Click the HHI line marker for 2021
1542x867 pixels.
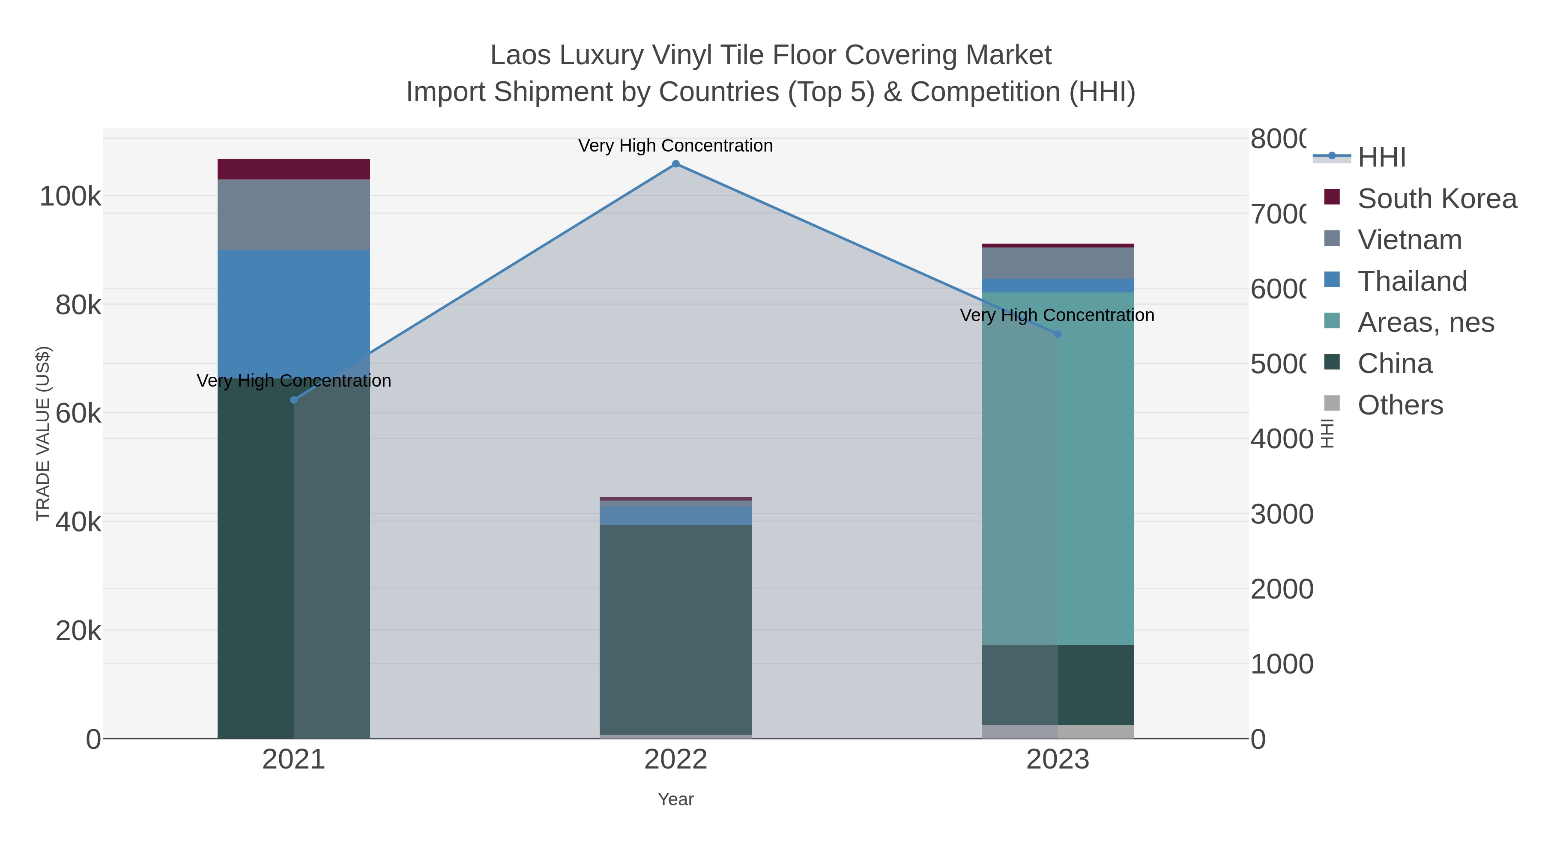click(293, 400)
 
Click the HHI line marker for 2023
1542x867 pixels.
click(1058, 334)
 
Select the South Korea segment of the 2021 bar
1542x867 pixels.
click(293, 169)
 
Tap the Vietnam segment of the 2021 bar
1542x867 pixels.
click(293, 215)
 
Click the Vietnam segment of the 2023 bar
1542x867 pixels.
click(1058, 263)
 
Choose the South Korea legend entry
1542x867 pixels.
click(1437, 199)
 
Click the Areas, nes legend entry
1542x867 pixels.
click(1426, 322)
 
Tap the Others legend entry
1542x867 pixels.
click(1400, 405)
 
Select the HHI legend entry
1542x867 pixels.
click(1381, 158)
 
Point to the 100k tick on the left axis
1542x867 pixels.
click(71, 196)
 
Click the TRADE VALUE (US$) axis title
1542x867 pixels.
click(43, 433)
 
